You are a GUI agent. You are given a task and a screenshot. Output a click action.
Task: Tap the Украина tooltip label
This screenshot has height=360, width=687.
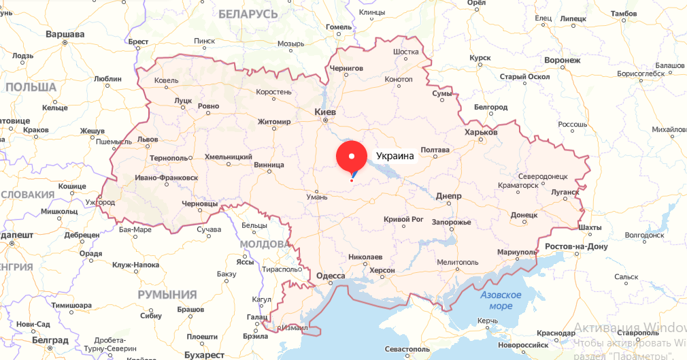click(395, 156)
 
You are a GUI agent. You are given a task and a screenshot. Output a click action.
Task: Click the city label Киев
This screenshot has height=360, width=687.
click(325, 111)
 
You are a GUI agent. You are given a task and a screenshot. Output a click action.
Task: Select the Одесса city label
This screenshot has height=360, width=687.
click(331, 276)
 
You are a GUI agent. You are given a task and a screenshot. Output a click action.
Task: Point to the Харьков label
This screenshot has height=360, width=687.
click(481, 132)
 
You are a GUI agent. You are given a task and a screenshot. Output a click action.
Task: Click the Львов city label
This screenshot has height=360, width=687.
click(148, 140)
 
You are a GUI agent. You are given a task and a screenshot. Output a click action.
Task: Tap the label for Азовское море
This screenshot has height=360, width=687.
click(501, 300)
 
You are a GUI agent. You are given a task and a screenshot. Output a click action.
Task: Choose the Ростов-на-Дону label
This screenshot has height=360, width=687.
click(575, 246)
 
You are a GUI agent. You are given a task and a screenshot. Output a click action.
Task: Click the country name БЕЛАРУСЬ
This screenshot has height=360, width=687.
click(248, 14)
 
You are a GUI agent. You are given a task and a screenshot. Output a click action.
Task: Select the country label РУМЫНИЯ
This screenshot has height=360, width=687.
click(167, 295)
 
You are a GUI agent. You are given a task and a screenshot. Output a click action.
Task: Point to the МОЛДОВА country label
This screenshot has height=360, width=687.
click(265, 244)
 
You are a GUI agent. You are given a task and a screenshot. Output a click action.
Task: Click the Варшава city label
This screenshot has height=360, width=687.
click(65, 33)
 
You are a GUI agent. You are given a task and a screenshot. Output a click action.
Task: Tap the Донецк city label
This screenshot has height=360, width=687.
click(524, 215)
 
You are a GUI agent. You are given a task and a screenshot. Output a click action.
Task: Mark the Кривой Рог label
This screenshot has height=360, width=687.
click(403, 219)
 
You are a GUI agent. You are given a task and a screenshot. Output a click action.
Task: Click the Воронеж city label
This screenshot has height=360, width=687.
click(562, 60)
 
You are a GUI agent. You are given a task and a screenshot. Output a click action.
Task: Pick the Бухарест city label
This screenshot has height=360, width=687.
click(203, 355)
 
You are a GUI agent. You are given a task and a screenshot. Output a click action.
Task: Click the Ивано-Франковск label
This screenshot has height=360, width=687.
click(167, 178)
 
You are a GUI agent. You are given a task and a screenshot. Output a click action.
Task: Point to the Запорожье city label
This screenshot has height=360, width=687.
click(451, 223)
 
